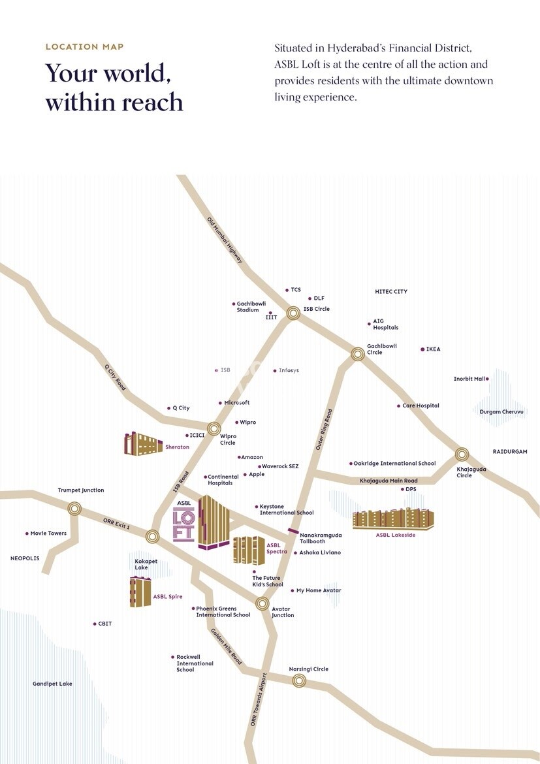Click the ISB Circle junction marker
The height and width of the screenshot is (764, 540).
pos(293,313)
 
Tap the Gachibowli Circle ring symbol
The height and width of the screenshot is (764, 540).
pos(357,354)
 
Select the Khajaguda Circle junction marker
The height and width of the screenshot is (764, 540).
pos(462,454)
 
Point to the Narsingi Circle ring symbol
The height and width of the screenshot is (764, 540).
pos(299,680)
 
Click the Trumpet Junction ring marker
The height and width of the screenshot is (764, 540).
pos(74,507)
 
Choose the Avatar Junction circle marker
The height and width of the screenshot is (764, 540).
pos(262,603)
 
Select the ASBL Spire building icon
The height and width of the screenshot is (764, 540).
pos(140,592)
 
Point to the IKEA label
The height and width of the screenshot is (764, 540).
pos(433,349)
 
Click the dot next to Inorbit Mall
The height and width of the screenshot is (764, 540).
pos(487,379)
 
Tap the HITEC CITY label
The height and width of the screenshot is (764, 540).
pos(390,291)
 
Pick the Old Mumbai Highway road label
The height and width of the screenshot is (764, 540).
pos(225,240)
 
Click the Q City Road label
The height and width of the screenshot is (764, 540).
pos(115,377)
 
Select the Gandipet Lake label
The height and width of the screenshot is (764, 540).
pos(52,684)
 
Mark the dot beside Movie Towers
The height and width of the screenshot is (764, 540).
pos(27,533)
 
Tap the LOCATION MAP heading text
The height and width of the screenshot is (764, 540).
pos(84,47)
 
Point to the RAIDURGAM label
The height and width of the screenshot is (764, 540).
pos(510,452)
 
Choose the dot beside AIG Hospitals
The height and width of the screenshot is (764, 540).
pos(369,323)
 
